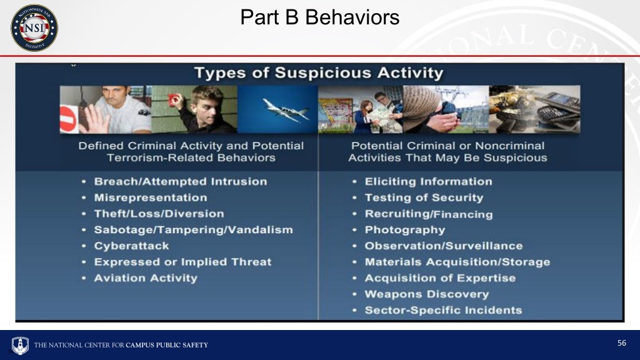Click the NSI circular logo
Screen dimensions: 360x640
click(x=34, y=27)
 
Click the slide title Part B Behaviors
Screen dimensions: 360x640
click(x=319, y=17)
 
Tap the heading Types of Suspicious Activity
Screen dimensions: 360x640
click(x=318, y=72)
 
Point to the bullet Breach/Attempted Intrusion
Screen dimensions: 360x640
click(x=180, y=182)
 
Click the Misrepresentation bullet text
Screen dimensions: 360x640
click(x=150, y=197)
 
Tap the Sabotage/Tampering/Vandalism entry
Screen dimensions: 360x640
click(x=193, y=230)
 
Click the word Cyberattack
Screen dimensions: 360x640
click(x=131, y=246)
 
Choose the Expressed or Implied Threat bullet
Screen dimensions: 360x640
click(x=182, y=262)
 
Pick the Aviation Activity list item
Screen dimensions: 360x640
click(x=146, y=278)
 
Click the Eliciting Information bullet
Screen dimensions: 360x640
click(x=428, y=182)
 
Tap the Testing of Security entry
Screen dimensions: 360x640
click(x=424, y=197)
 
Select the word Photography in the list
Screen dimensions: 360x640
click(x=404, y=230)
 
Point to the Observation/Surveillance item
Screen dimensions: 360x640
click(x=443, y=246)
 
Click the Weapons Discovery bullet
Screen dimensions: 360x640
click(x=426, y=294)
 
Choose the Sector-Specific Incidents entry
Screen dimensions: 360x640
click(x=443, y=310)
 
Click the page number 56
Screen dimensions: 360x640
click(x=621, y=343)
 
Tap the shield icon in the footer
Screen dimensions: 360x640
click(x=21, y=345)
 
